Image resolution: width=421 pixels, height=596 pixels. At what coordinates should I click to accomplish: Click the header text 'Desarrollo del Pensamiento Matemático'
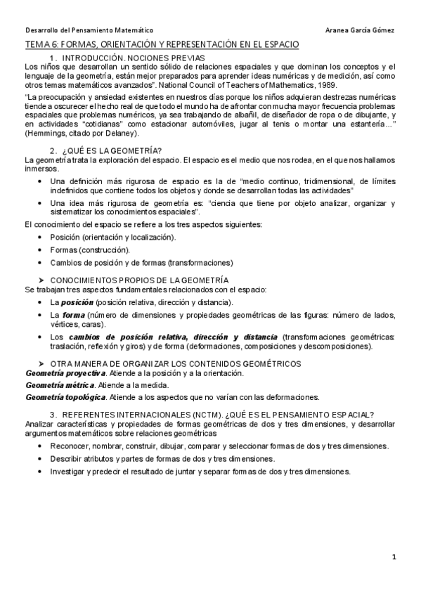[89, 30]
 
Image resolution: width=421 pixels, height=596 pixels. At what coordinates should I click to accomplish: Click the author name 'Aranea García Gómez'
[361, 30]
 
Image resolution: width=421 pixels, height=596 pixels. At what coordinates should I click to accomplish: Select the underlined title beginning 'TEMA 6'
[162, 44]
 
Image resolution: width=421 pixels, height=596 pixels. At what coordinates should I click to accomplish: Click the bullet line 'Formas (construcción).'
[90, 250]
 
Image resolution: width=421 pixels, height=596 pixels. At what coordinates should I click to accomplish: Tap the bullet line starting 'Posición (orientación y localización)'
[113, 238]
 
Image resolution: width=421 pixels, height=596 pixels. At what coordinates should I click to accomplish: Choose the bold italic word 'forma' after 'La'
[75, 314]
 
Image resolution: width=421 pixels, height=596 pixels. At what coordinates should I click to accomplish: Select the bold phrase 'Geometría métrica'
[60, 385]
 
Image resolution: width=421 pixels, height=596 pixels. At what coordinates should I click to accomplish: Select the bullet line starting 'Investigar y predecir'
[200, 471]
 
